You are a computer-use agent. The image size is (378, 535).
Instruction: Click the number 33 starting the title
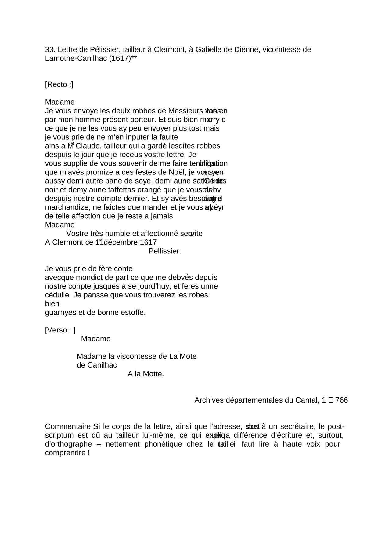pos(49,49)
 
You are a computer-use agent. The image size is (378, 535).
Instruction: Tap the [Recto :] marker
pos(59,84)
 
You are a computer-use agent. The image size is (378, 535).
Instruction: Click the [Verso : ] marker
pos(60,330)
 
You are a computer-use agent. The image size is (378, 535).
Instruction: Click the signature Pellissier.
pos(165,251)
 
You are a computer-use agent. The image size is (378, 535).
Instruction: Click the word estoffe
pos(133,313)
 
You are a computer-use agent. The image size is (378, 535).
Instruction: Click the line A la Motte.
pos(146,374)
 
